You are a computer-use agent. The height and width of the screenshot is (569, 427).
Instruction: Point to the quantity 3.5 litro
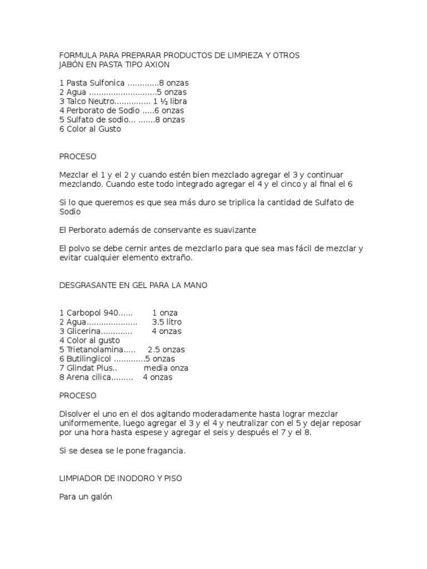click(x=167, y=322)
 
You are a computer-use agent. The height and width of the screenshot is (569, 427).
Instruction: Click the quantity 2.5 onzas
click(x=166, y=350)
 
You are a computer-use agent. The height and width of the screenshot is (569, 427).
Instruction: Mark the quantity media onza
click(x=166, y=368)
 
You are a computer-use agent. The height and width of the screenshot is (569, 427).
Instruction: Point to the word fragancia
click(x=165, y=451)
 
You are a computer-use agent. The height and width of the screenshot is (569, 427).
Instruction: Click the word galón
click(x=101, y=497)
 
